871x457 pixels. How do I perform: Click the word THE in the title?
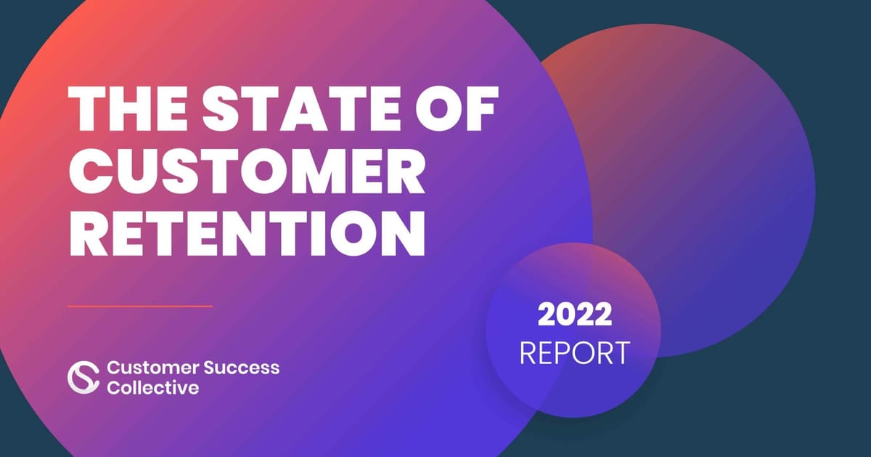coord(128,108)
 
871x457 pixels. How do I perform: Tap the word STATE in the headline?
coord(301,108)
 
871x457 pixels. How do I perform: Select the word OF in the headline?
coord(457,108)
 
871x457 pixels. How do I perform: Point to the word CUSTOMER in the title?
coord(247,171)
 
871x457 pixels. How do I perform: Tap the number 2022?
coord(575,315)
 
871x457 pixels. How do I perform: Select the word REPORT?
coord(574,352)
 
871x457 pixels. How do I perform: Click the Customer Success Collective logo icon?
coord(83,377)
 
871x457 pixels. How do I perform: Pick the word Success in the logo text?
coord(242,368)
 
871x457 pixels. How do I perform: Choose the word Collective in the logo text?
coord(153,387)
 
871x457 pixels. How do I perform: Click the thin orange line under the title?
coord(140,307)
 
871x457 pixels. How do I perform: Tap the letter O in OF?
coord(438,108)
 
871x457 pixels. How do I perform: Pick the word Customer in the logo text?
coord(153,368)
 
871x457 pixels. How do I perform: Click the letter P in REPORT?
coord(571,352)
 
